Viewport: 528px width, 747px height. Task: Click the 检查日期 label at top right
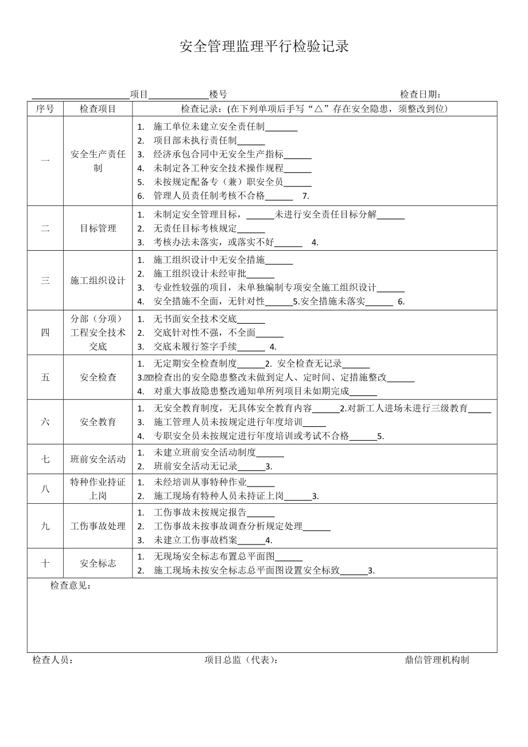point(420,95)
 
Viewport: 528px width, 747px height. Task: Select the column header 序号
point(45,109)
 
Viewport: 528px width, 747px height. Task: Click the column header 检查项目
point(98,109)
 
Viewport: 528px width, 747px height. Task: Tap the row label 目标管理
point(98,228)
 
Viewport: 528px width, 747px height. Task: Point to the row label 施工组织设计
point(98,281)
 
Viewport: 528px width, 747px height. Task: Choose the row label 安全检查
point(98,377)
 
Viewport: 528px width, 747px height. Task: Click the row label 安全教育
point(98,422)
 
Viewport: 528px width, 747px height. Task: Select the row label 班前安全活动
point(98,459)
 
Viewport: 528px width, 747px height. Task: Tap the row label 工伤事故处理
point(98,526)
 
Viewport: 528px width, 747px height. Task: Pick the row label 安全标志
point(98,563)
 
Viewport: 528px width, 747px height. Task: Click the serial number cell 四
point(45,333)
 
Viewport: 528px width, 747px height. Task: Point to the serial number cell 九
point(45,526)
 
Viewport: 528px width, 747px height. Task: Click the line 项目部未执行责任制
point(195,141)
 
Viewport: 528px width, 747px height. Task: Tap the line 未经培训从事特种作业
point(200,482)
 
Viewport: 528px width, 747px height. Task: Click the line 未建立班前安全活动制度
point(204,452)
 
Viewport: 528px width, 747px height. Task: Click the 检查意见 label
point(70,586)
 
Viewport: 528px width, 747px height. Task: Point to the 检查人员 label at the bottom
point(53,660)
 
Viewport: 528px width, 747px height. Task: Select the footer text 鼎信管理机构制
point(437,660)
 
